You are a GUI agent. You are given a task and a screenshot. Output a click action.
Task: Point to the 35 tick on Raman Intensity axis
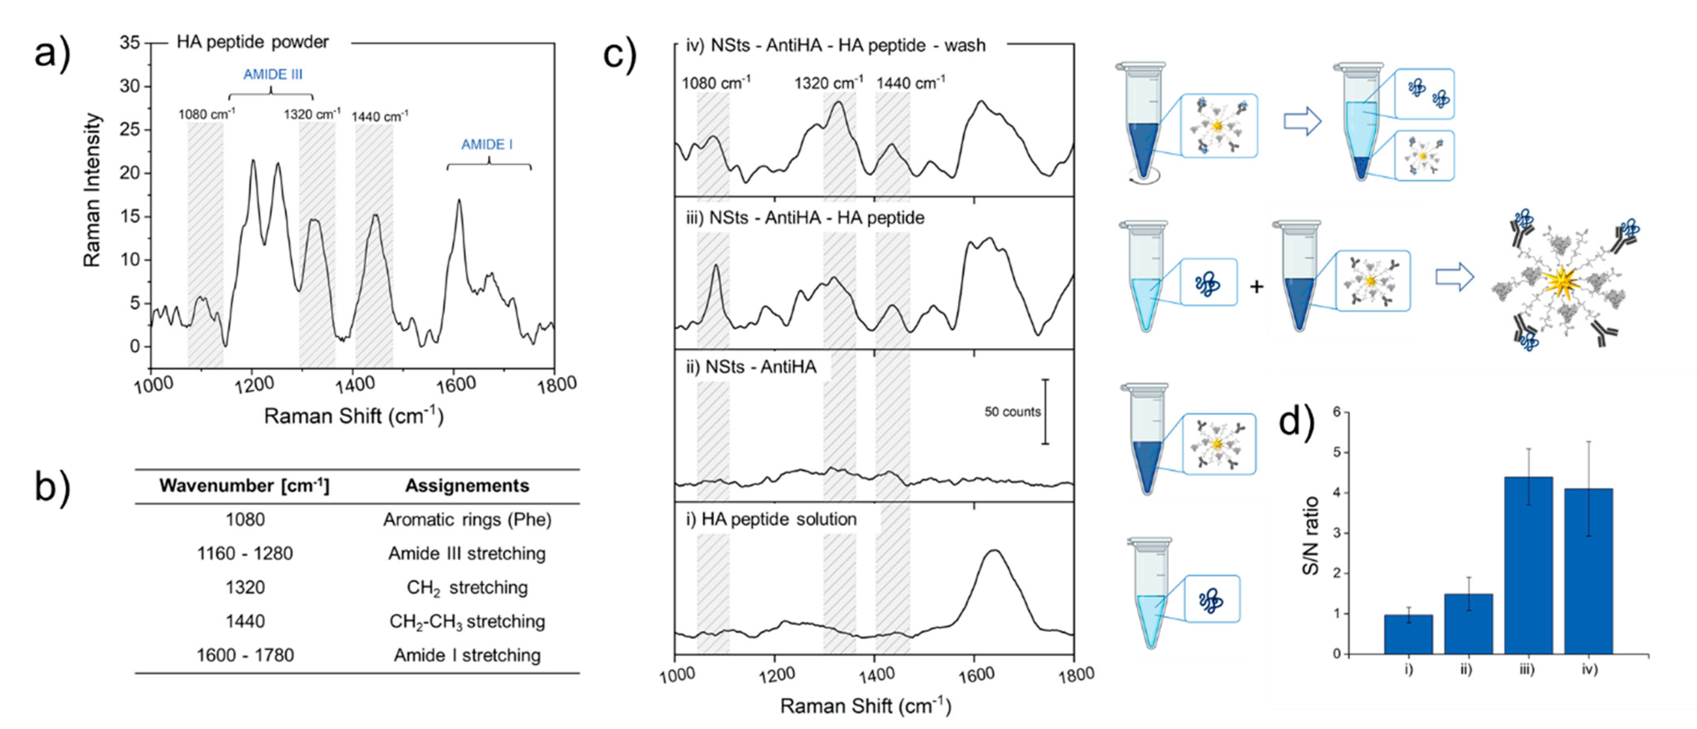click(x=130, y=43)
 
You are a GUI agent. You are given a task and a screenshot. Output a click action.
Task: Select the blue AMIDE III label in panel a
click(x=273, y=74)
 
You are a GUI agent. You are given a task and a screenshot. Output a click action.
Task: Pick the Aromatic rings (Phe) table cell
click(x=467, y=520)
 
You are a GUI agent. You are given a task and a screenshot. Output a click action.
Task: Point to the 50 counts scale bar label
click(x=1012, y=412)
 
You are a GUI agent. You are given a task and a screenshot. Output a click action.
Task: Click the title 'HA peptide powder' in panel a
click(x=252, y=42)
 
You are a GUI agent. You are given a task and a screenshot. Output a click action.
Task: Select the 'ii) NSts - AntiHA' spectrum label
click(x=751, y=367)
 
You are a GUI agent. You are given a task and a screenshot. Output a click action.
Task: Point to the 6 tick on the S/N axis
click(x=1337, y=412)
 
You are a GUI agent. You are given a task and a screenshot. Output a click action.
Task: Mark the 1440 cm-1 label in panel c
click(x=911, y=83)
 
